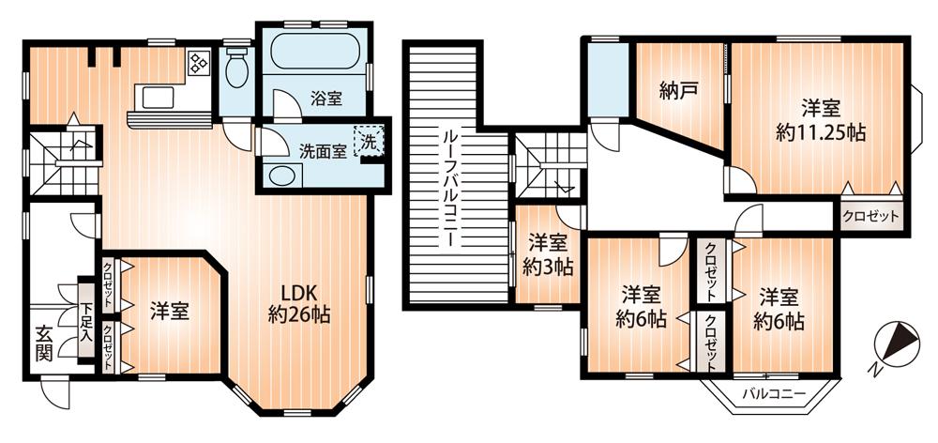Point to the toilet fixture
237,68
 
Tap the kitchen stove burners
199,63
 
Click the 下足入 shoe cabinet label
86,321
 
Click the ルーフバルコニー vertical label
448,188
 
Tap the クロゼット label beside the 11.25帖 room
870,216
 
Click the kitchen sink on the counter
156,98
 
